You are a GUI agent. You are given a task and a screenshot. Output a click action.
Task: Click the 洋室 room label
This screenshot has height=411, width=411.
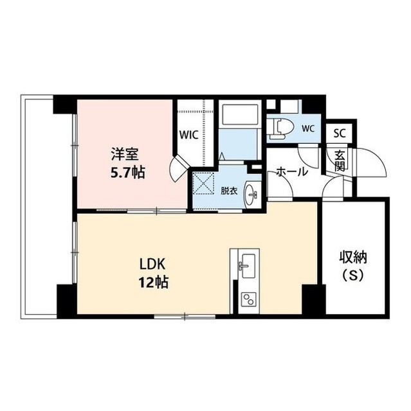coord(125,155)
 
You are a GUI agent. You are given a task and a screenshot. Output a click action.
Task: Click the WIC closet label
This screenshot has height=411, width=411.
coord(188,136)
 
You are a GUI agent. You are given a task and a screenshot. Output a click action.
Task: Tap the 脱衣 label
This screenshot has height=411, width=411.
coord(230,191)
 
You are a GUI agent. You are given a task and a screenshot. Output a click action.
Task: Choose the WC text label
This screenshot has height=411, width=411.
coord(307,128)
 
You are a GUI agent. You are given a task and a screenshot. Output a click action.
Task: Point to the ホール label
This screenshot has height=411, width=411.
coord(292,172)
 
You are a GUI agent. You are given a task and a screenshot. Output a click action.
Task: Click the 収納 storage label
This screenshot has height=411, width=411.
coord(353,259)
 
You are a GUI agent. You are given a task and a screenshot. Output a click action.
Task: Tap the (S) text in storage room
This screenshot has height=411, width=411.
coord(353,277)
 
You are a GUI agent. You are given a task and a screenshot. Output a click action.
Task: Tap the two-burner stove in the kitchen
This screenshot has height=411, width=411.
coord(247,299)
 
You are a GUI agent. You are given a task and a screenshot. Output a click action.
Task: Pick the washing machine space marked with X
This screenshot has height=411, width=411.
coord(205,184)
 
